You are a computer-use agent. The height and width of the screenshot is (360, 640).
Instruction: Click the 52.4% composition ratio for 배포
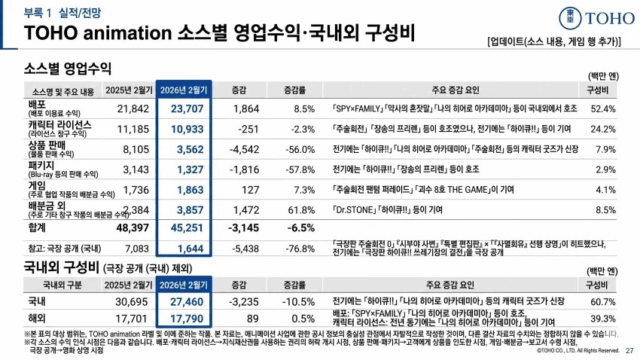tap(602, 108)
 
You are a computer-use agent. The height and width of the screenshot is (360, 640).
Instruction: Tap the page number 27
tap(629, 350)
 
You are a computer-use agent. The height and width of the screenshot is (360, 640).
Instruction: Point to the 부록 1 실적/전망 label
tap(56, 13)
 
